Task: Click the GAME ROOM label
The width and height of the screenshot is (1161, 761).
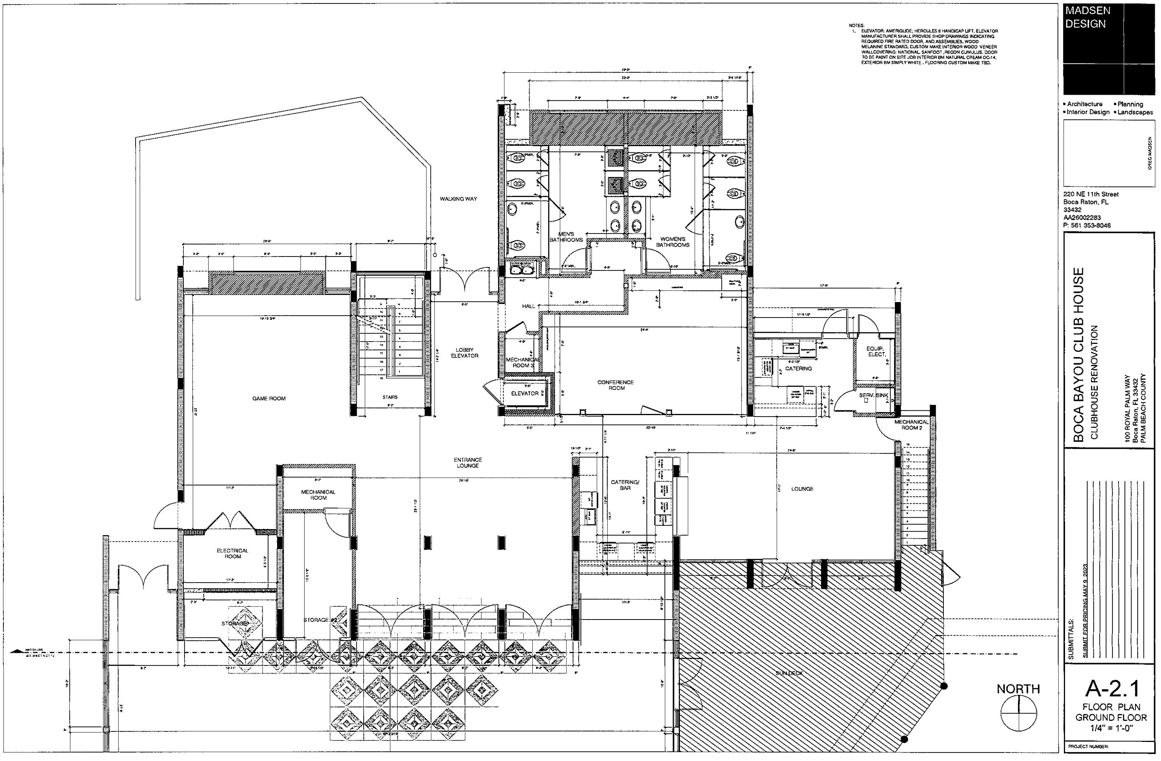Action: (269, 398)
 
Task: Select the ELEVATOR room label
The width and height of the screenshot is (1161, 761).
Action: (525, 393)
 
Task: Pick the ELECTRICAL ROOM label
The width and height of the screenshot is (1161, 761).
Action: (233, 553)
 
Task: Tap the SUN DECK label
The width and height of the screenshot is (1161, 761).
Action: (789, 673)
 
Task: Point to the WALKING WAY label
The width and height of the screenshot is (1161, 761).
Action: (458, 199)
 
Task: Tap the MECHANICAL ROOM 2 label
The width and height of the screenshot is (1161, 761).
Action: (911, 424)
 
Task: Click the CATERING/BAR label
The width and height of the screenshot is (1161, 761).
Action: (625, 485)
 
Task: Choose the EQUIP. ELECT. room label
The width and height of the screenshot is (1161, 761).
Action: (876, 351)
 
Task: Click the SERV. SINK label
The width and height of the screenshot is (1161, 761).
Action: (874, 395)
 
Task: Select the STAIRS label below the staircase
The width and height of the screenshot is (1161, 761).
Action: (390, 397)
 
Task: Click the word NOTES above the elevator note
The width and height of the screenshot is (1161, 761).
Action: (856, 25)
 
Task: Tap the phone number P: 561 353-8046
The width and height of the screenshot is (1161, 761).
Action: (1087, 225)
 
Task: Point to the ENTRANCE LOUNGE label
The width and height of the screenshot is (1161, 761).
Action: (467, 463)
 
